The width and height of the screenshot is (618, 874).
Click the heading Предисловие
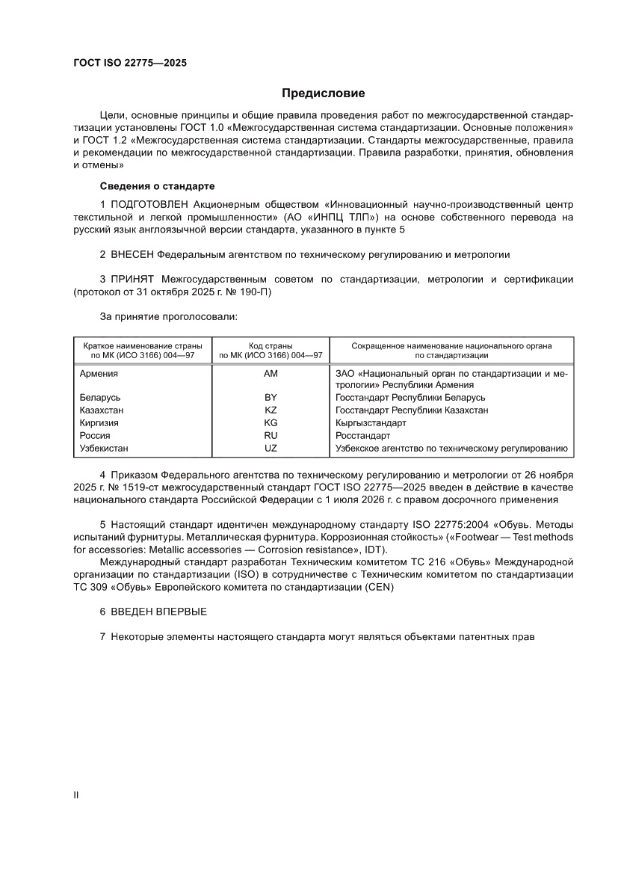tap(323, 93)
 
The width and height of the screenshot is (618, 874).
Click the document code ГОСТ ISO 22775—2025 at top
tap(129, 63)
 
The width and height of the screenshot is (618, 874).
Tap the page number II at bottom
tap(75, 795)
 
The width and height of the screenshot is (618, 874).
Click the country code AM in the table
tap(271, 373)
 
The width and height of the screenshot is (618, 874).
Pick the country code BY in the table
tap(271, 398)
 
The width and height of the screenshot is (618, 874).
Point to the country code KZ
tap(271, 410)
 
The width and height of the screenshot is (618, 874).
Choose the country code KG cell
tap(271, 423)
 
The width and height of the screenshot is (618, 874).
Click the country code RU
tap(271, 436)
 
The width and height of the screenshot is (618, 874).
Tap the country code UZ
tap(271, 449)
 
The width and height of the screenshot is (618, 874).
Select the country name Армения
tap(99, 373)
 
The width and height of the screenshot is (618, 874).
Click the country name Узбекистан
tap(104, 449)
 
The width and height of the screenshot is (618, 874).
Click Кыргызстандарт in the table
tap(367, 423)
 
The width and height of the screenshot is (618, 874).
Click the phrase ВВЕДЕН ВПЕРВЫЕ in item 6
tap(158, 612)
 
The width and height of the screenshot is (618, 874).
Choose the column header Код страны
tap(270, 345)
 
